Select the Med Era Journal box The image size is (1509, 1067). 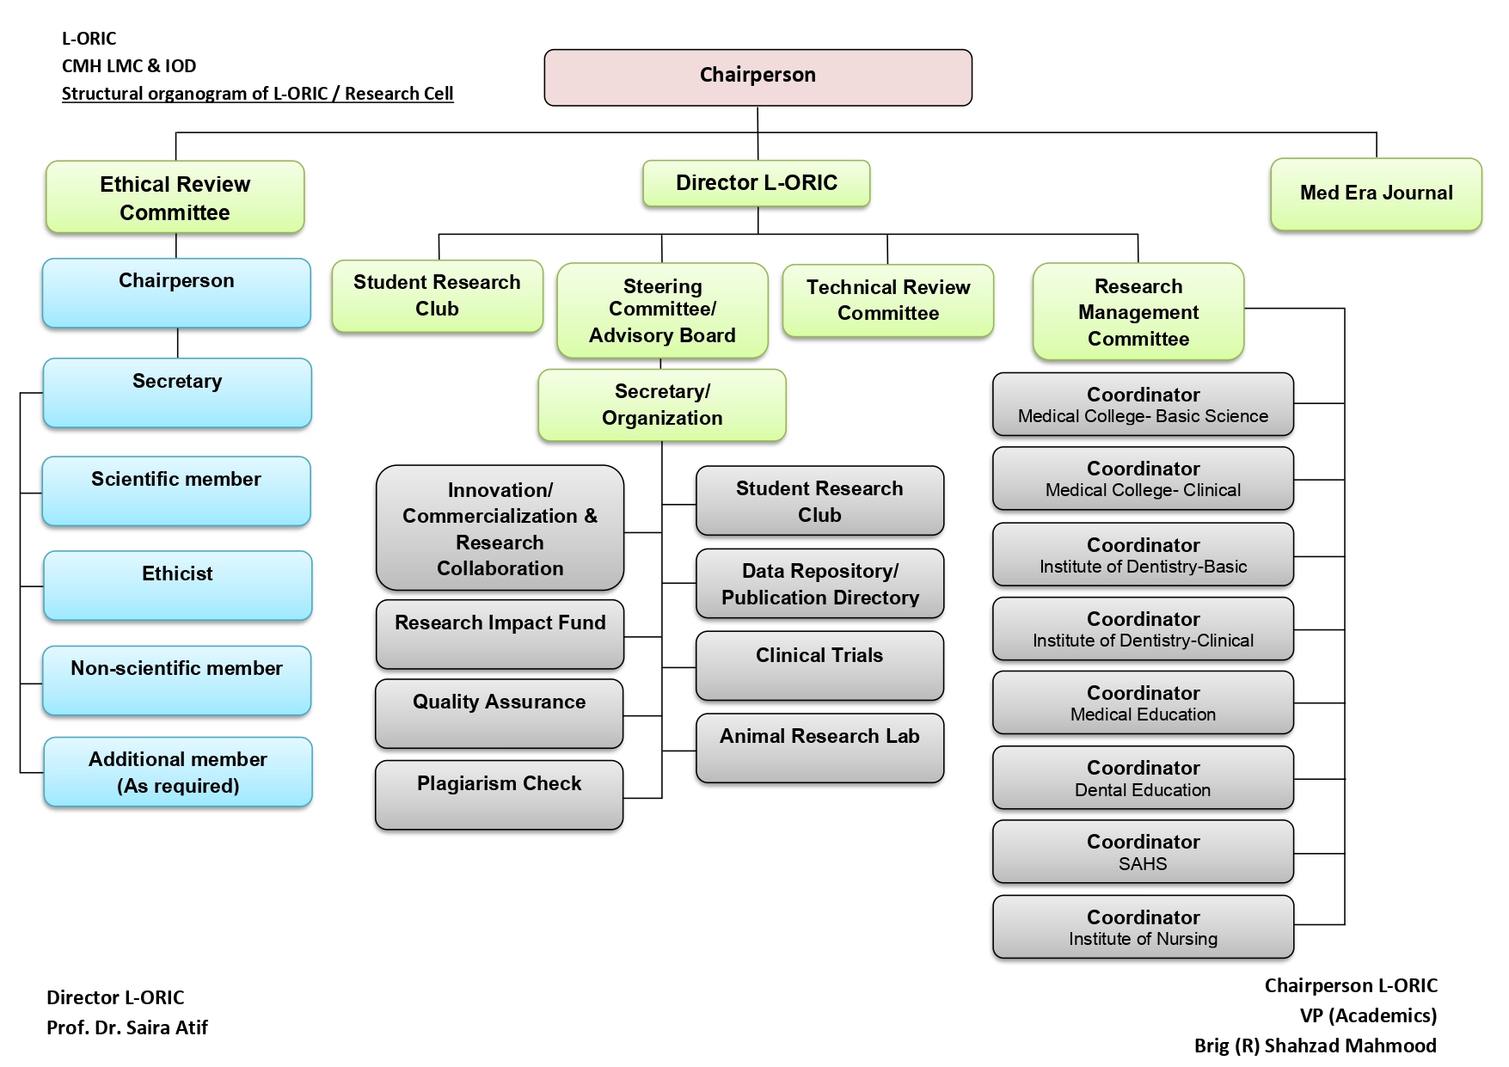pyautogui.click(x=1376, y=193)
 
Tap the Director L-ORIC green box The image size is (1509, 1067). pyautogui.click(x=756, y=183)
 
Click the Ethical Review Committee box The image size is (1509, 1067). pyautogui.click(x=175, y=198)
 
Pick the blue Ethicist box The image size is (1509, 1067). pyautogui.click(x=177, y=585)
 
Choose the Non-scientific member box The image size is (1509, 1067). pyautogui.click(x=176, y=679)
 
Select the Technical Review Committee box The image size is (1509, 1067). pyautogui.click(x=887, y=300)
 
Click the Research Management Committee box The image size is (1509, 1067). pyautogui.click(x=1138, y=311)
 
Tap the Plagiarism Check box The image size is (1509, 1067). pyautogui.click(x=499, y=794)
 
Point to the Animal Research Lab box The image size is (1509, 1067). pyautogui.click(x=819, y=747)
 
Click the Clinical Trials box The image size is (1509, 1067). pyautogui.click(x=819, y=665)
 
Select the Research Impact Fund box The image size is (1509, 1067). pyautogui.click(x=500, y=634)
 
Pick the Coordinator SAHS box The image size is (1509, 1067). pyautogui.click(x=1143, y=852)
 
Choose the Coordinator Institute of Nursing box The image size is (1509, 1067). pyautogui.click(x=1143, y=927)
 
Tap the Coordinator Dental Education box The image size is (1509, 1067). pyautogui.click(x=1143, y=778)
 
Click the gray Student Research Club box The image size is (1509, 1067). pyautogui.click(x=819, y=501)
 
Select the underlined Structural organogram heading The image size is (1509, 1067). pyautogui.click(x=257, y=94)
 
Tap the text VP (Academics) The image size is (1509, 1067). pyautogui.click(x=1368, y=1015)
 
